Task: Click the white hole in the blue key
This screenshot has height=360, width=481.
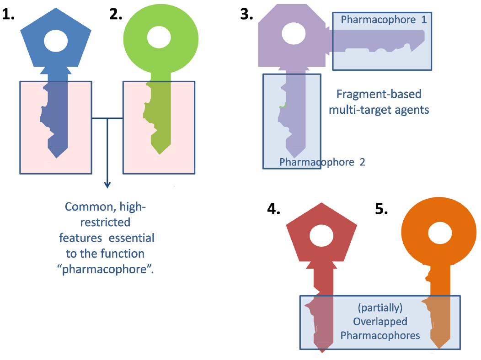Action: pyautogui.click(x=56, y=41)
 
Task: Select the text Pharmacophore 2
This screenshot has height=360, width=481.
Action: pyautogui.click(x=322, y=162)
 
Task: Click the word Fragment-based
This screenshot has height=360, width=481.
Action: pyautogui.click(x=379, y=95)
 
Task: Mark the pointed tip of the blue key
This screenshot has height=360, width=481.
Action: pyautogui.click(x=56, y=157)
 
